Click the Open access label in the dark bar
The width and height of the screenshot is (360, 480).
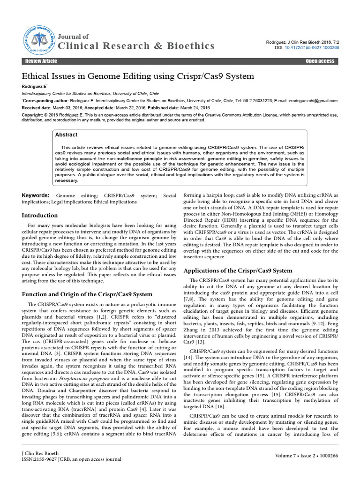pyautogui.click(x=320, y=61)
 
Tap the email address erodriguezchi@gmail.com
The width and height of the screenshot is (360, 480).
pyautogui.click(x=312, y=101)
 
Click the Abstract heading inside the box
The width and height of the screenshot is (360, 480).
pyautogui.click(x=66, y=135)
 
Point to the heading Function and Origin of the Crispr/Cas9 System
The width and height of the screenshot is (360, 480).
pyautogui.click(x=88, y=294)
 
